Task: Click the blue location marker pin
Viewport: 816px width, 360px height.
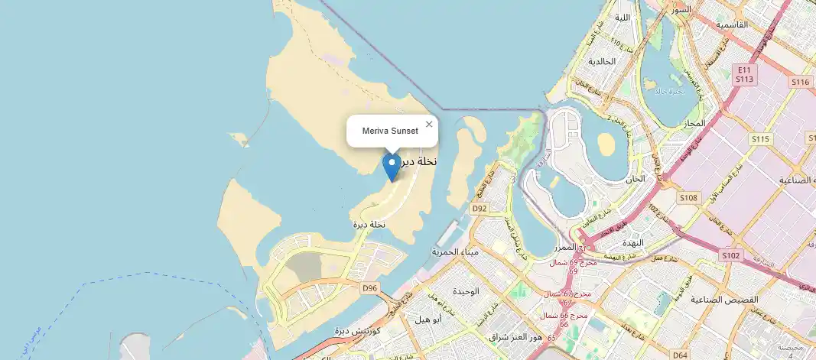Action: click(392, 167)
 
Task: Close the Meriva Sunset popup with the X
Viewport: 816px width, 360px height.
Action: click(429, 124)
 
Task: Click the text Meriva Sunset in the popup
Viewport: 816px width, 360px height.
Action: click(390, 131)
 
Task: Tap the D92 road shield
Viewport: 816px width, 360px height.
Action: click(480, 208)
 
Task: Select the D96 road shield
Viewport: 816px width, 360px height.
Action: click(370, 288)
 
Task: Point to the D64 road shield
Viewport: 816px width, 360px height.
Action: click(680, 355)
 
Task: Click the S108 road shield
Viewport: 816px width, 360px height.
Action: click(688, 198)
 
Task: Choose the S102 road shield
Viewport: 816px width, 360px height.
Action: click(731, 255)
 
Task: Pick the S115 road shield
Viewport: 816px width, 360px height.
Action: click(759, 139)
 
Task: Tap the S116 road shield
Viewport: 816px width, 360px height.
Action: click(800, 82)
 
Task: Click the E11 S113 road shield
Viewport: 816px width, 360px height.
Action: click(745, 73)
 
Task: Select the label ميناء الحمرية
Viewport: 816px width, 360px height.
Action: click(455, 251)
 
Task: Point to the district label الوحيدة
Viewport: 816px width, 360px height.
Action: click(465, 292)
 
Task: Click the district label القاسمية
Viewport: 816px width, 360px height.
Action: click(732, 24)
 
